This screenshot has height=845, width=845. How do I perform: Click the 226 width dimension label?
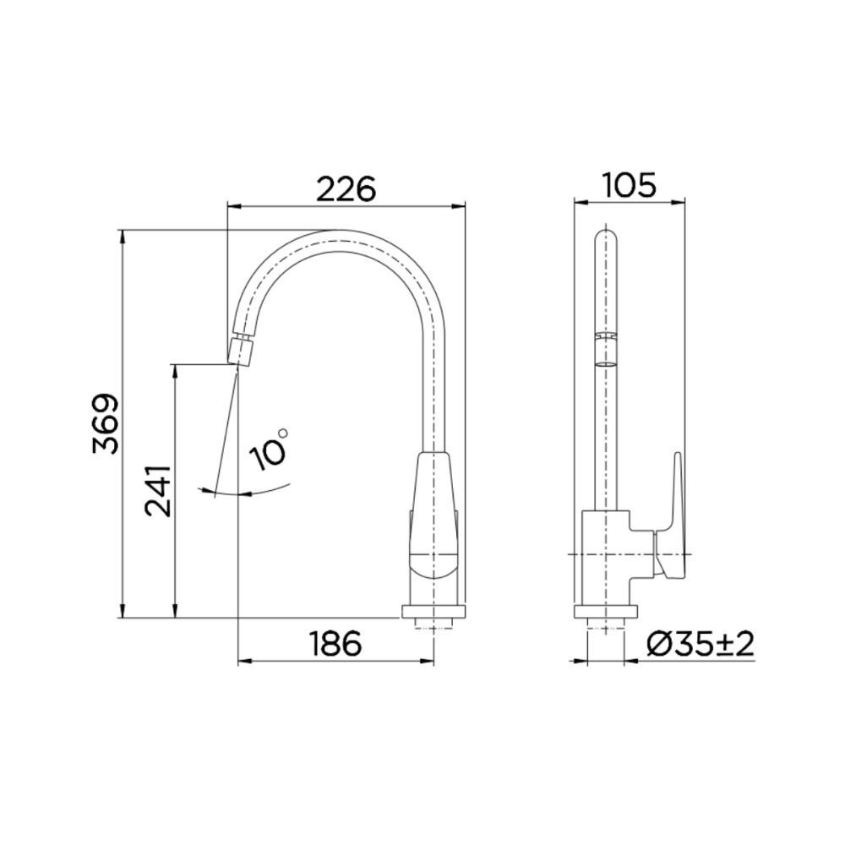click(x=346, y=188)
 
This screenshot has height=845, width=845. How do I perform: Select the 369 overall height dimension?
click(x=106, y=423)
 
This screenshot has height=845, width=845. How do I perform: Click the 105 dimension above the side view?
click(x=630, y=185)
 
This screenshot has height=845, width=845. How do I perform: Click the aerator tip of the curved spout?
click(x=240, y=352)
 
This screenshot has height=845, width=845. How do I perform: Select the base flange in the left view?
click(x=433, y=612)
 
